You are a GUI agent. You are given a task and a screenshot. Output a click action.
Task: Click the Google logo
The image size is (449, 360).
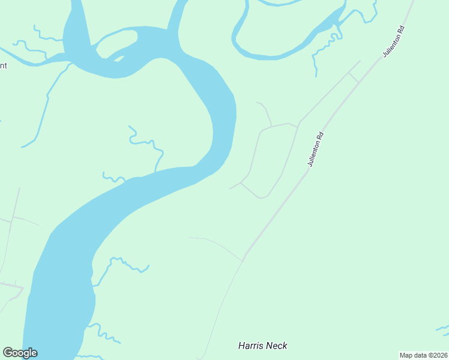pyautogui.click(x=20, y=353)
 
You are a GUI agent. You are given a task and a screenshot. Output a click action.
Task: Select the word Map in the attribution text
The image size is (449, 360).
pyautogui.click(x=406, y=355)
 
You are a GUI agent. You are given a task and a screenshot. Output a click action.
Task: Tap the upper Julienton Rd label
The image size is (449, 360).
pyautogui.click(x=394, y=41)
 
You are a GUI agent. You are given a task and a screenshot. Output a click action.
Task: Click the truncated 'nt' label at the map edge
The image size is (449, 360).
pyautogui.click(x=3, y=65)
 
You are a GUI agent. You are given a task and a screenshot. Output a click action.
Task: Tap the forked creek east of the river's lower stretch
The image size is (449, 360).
pyautogui.click(x=120, y=263)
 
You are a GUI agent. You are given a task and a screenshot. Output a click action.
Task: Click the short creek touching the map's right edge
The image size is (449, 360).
pyautogui.click(x=442, y=328)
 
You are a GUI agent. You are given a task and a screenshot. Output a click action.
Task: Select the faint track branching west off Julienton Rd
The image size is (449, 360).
pyautogui.click(x=216, y=243)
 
